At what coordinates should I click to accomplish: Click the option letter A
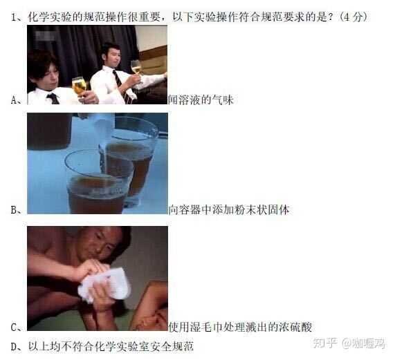tap(15, 100)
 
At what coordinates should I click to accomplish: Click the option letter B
tap(15, 209)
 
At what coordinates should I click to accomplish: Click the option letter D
tap(15, 345)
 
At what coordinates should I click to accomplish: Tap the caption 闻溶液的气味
tap(201, 100)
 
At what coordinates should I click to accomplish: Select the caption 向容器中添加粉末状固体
tap(229, 209)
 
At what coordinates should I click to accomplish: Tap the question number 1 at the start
tap(14, 16)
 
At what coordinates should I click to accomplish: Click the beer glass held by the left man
tap(79, 86)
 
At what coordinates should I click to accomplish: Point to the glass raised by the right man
tap(136, 67)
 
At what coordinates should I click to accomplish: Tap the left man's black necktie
tap(53, 98)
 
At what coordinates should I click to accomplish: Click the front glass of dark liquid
tap(97, 183)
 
